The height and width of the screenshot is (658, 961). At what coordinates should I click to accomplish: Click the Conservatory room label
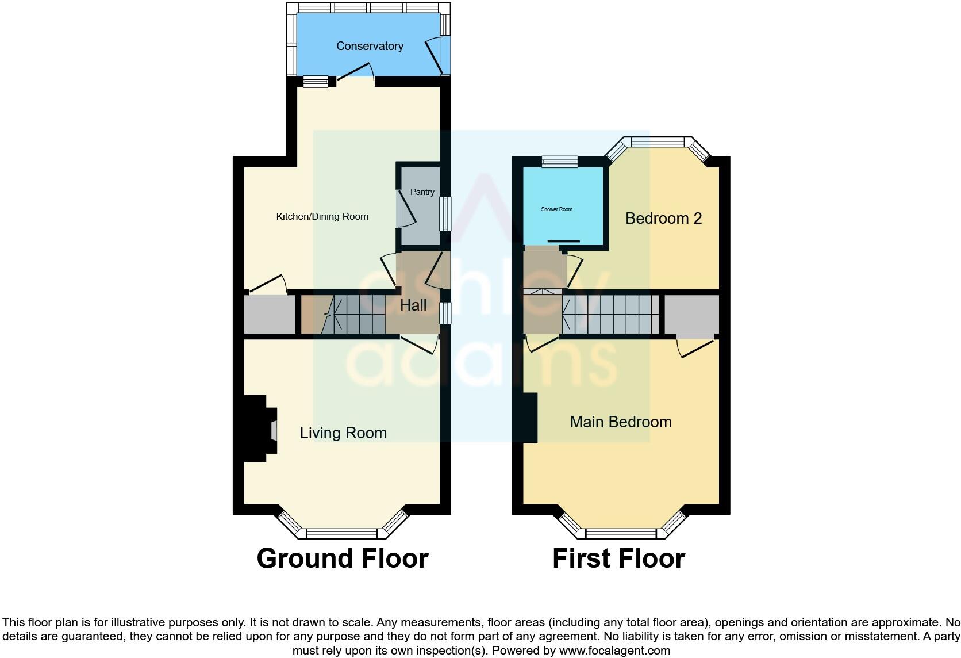[370, 46]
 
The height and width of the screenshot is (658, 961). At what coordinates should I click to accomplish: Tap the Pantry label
[422, 192]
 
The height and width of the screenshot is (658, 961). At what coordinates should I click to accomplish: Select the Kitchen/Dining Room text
[322, 217]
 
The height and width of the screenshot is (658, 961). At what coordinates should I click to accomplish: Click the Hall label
[413, 305]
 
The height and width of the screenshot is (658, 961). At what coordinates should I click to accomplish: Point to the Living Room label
[343, 433]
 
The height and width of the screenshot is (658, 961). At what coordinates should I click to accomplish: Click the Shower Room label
[556, 209]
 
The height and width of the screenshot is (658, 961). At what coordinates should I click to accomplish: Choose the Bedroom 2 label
[663, 219]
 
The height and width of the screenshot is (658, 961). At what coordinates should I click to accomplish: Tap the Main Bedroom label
[620, 422]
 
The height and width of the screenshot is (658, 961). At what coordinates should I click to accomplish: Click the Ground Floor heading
[343, 558]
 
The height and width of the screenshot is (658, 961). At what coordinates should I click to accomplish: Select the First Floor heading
[618, 558]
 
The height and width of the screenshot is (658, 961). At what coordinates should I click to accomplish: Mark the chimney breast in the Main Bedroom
[530, 418]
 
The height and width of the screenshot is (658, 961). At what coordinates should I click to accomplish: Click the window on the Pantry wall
[445, 214]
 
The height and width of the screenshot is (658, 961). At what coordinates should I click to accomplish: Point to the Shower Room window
[560, 162]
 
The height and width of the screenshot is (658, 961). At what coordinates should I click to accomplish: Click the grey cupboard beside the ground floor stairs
[270, 314]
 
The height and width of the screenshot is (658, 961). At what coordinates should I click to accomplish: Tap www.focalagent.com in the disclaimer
[614, 651]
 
